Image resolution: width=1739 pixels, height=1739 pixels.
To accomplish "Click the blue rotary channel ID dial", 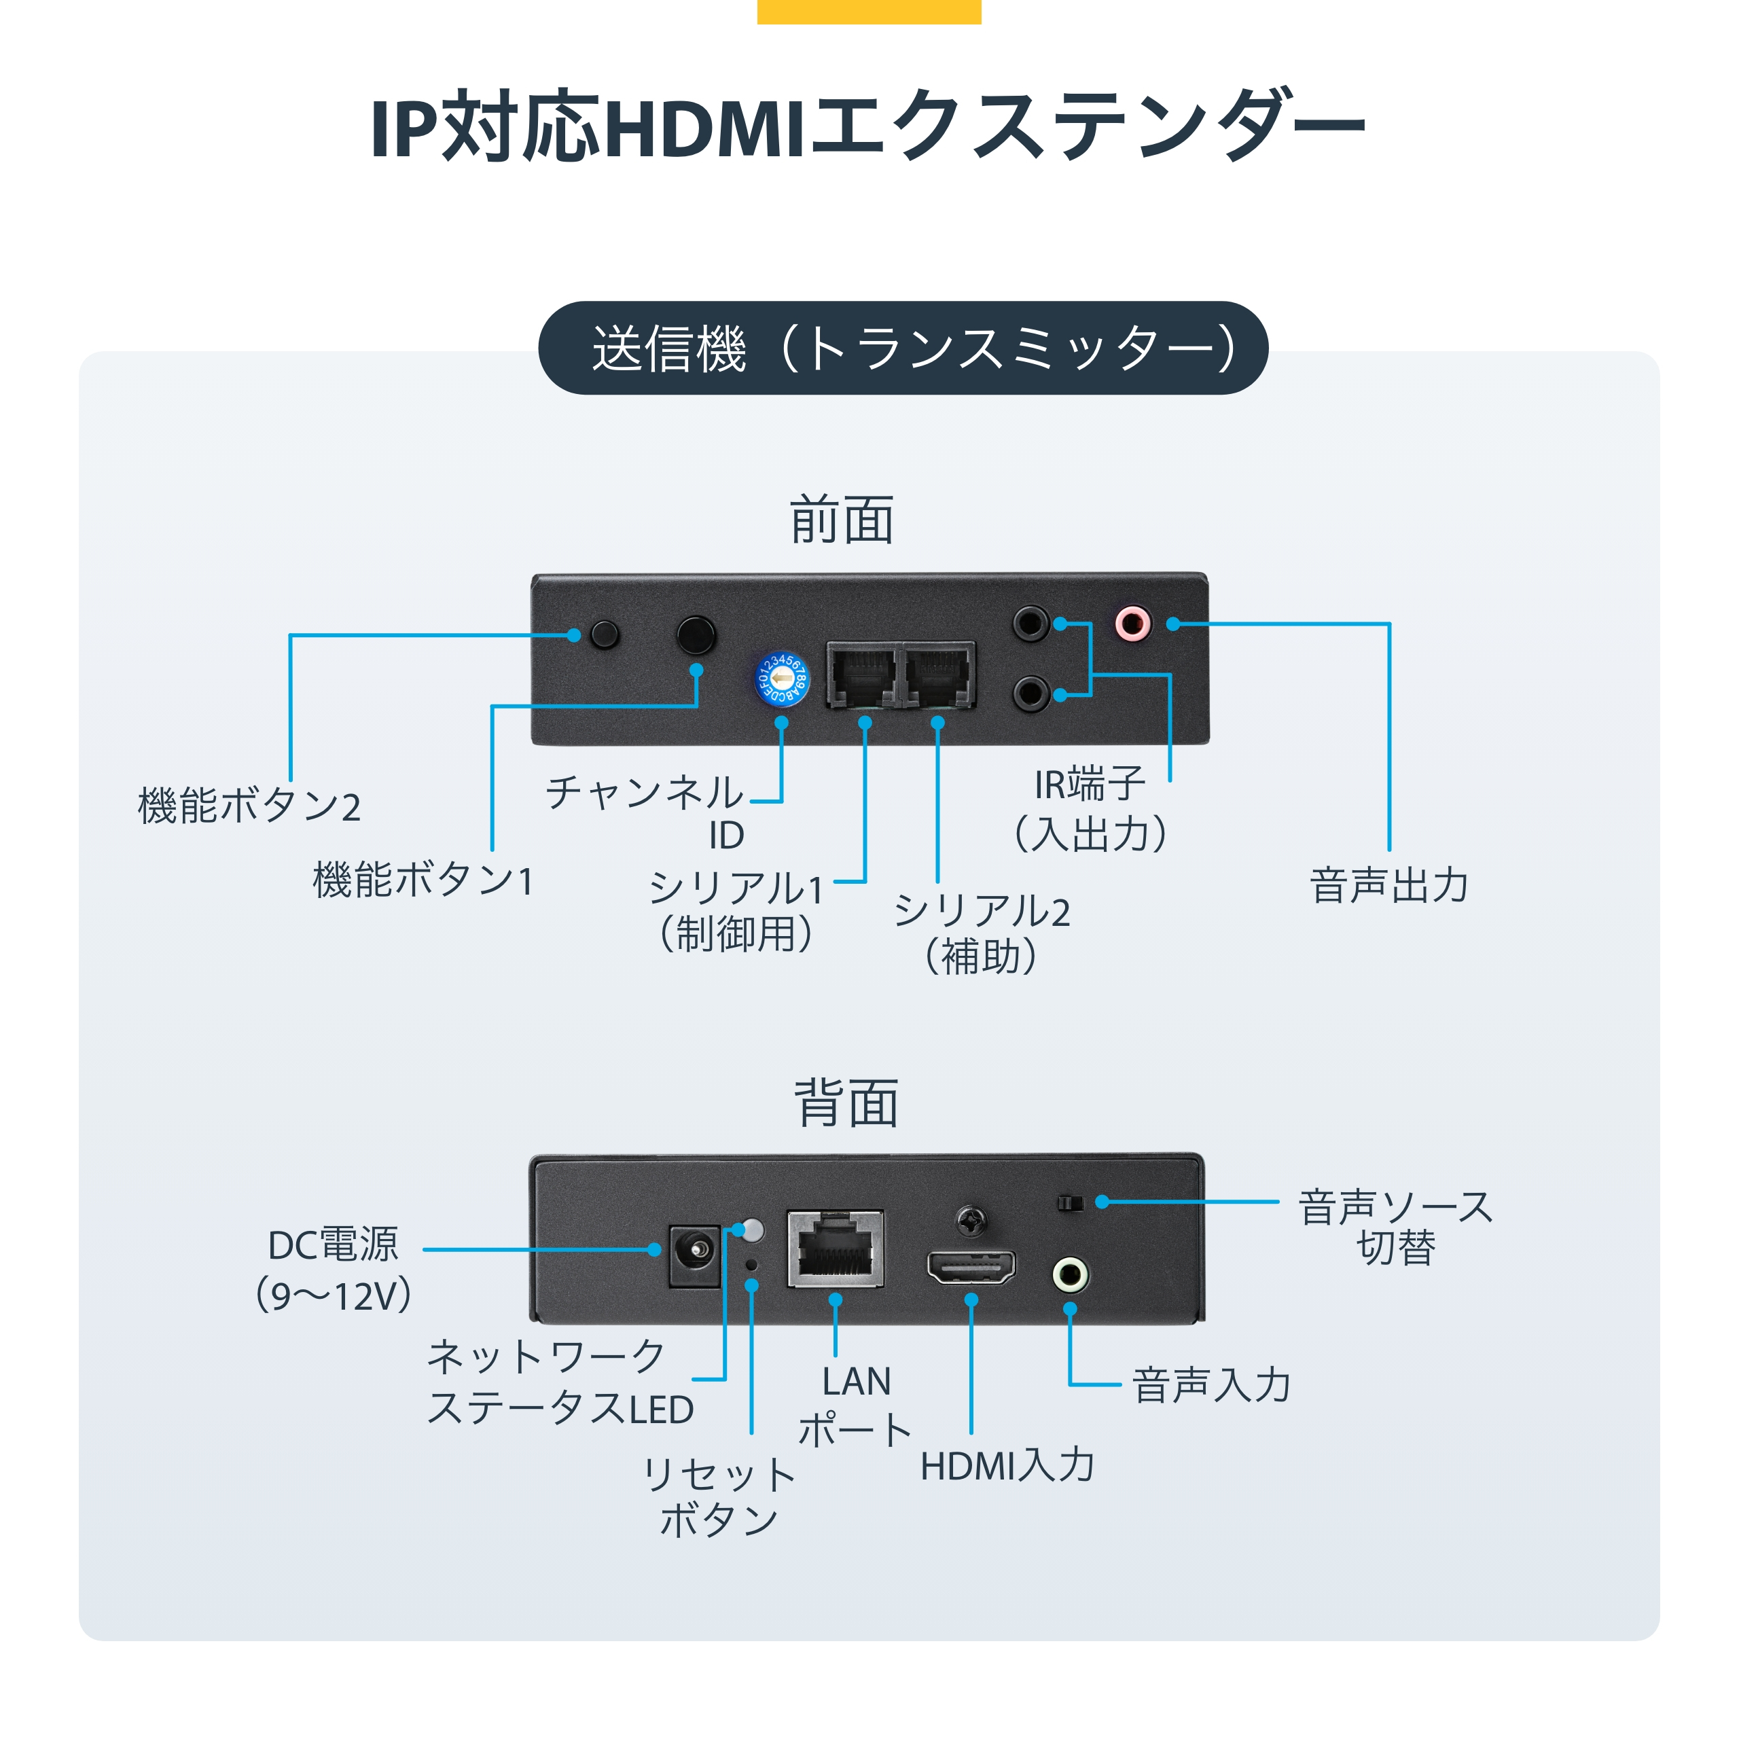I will pyautogui.click(x=781, y=679).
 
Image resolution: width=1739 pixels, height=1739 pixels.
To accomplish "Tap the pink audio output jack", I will pyautogui.click(x=1132, y=623).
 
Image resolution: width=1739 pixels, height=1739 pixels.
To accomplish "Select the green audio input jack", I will pyautogui.click(x=1070, y=1274).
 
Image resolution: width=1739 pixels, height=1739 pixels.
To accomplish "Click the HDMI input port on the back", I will pyautogui.click(x=971, y=1268).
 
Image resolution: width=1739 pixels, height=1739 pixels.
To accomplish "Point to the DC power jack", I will pyautogui.click(x=694, y=1254).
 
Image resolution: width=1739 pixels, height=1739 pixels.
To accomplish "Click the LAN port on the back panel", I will pyautogui.click(x=834, y=1249).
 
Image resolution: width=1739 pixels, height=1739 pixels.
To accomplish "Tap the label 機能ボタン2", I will pyautogui.click(x=249, y=806).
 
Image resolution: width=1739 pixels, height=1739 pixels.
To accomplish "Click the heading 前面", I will pyautogui.click(x=842, y=520).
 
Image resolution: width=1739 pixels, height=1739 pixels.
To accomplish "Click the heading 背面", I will pyautogui.click(x=846, y=1104).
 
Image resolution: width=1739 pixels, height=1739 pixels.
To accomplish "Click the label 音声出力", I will pyautogui.click(x=1389, y=885).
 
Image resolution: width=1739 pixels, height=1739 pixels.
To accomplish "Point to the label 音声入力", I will pyautogui.click(x=1212, y=1385).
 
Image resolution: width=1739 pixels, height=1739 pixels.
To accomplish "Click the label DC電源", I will pyautogui.click(x=333, y=1246).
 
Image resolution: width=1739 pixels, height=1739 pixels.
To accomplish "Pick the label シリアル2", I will pyautogui.click(x=981, y=912).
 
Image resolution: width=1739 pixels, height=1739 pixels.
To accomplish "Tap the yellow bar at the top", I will pyautogui.click(x=869, y=11).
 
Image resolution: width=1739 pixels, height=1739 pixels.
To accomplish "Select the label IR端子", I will pyautogui.click(x=1089, y=785).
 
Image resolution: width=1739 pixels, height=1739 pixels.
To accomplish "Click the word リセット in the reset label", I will pyautogui.click(x=718, y=1475).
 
